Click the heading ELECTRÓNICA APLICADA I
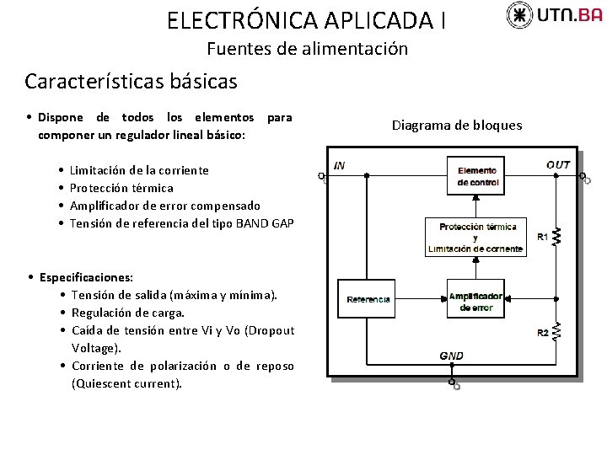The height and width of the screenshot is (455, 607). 306,19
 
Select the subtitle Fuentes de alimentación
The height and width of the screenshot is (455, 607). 307,49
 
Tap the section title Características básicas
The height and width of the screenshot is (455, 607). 131,82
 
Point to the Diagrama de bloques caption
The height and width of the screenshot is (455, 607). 457,126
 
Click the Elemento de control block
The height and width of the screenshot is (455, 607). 477,176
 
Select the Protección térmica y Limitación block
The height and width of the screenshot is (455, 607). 477,238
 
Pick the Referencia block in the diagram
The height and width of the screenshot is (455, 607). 368,299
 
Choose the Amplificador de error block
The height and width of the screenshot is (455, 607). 476,302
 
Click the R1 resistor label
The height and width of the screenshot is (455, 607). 542,238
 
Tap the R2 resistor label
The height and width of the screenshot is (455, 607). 543,333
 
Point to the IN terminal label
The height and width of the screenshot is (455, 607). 339,166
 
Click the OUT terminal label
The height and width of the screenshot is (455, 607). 558,165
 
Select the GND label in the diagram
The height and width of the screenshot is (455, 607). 451,356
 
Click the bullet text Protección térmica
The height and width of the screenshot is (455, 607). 121,188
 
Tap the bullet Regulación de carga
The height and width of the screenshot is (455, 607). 128,313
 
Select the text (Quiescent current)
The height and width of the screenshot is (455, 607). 126,383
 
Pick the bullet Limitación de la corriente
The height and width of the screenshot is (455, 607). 139,170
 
